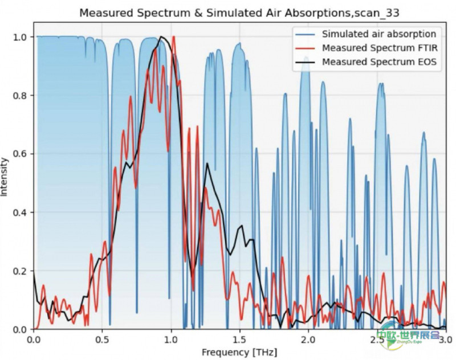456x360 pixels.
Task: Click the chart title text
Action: tap(239, 13)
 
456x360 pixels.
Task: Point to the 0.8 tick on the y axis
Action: tap(21, 95)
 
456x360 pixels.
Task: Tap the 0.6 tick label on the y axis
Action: tap(21, 154)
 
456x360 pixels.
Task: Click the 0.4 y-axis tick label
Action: tap(21, 212)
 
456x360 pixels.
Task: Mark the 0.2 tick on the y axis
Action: tap(21, 271)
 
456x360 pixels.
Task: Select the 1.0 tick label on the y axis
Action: tap(21, 37)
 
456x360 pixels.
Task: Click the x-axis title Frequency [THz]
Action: tap(239, 353)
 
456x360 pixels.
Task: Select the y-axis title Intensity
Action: tap(4, 177)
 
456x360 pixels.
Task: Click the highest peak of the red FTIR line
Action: tap(174, 36)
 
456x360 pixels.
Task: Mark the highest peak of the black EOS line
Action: tap(161, 36)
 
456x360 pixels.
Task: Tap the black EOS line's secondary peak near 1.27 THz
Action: tap(207, 163)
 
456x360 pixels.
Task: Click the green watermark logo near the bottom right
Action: tap(408, 337)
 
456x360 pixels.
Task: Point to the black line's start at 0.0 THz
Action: tap(34, 272)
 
